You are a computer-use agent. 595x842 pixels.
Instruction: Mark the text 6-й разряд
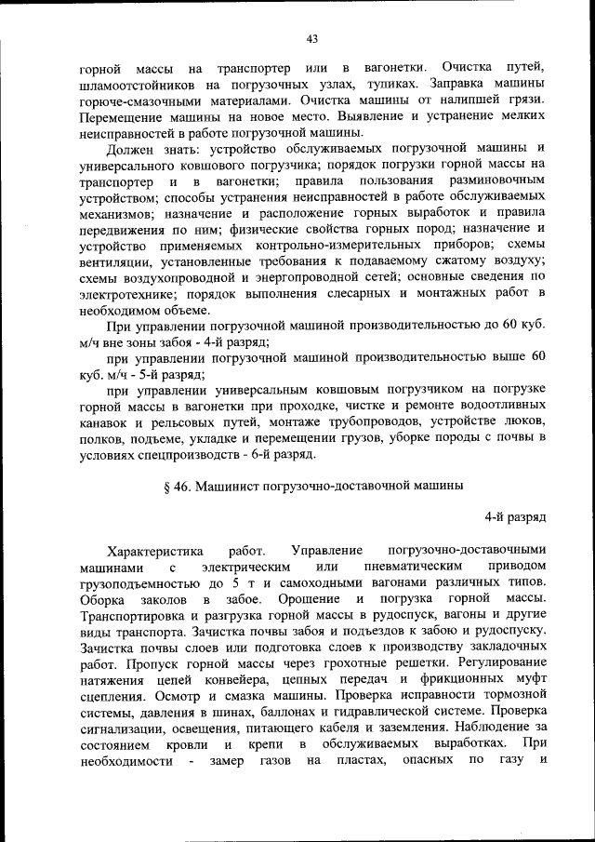click(282, 454)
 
